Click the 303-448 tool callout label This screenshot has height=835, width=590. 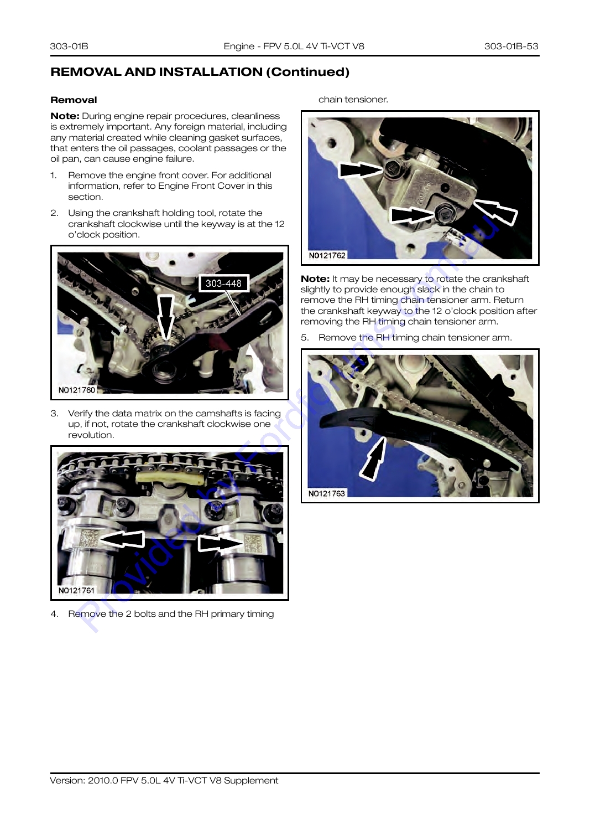point(223,284)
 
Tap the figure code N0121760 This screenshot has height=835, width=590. point(77,390)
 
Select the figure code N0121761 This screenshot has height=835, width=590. point(76,590)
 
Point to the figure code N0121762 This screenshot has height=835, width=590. point(327,255)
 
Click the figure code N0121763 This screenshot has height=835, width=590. point(327,493)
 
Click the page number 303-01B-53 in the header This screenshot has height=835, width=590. point(511,46)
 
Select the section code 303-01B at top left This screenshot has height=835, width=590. point(69,46)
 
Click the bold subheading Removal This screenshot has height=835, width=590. point(74,100)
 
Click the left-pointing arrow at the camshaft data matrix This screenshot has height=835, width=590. point(122,539)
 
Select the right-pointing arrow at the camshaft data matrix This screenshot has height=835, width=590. point(221,543)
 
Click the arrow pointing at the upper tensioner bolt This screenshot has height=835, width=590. point(361,171)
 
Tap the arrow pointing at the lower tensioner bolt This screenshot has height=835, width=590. point(413,215)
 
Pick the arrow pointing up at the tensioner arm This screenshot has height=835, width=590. point(373,458)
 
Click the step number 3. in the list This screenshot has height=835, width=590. point(54,414)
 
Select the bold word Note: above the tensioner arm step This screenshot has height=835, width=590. point(315,279)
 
